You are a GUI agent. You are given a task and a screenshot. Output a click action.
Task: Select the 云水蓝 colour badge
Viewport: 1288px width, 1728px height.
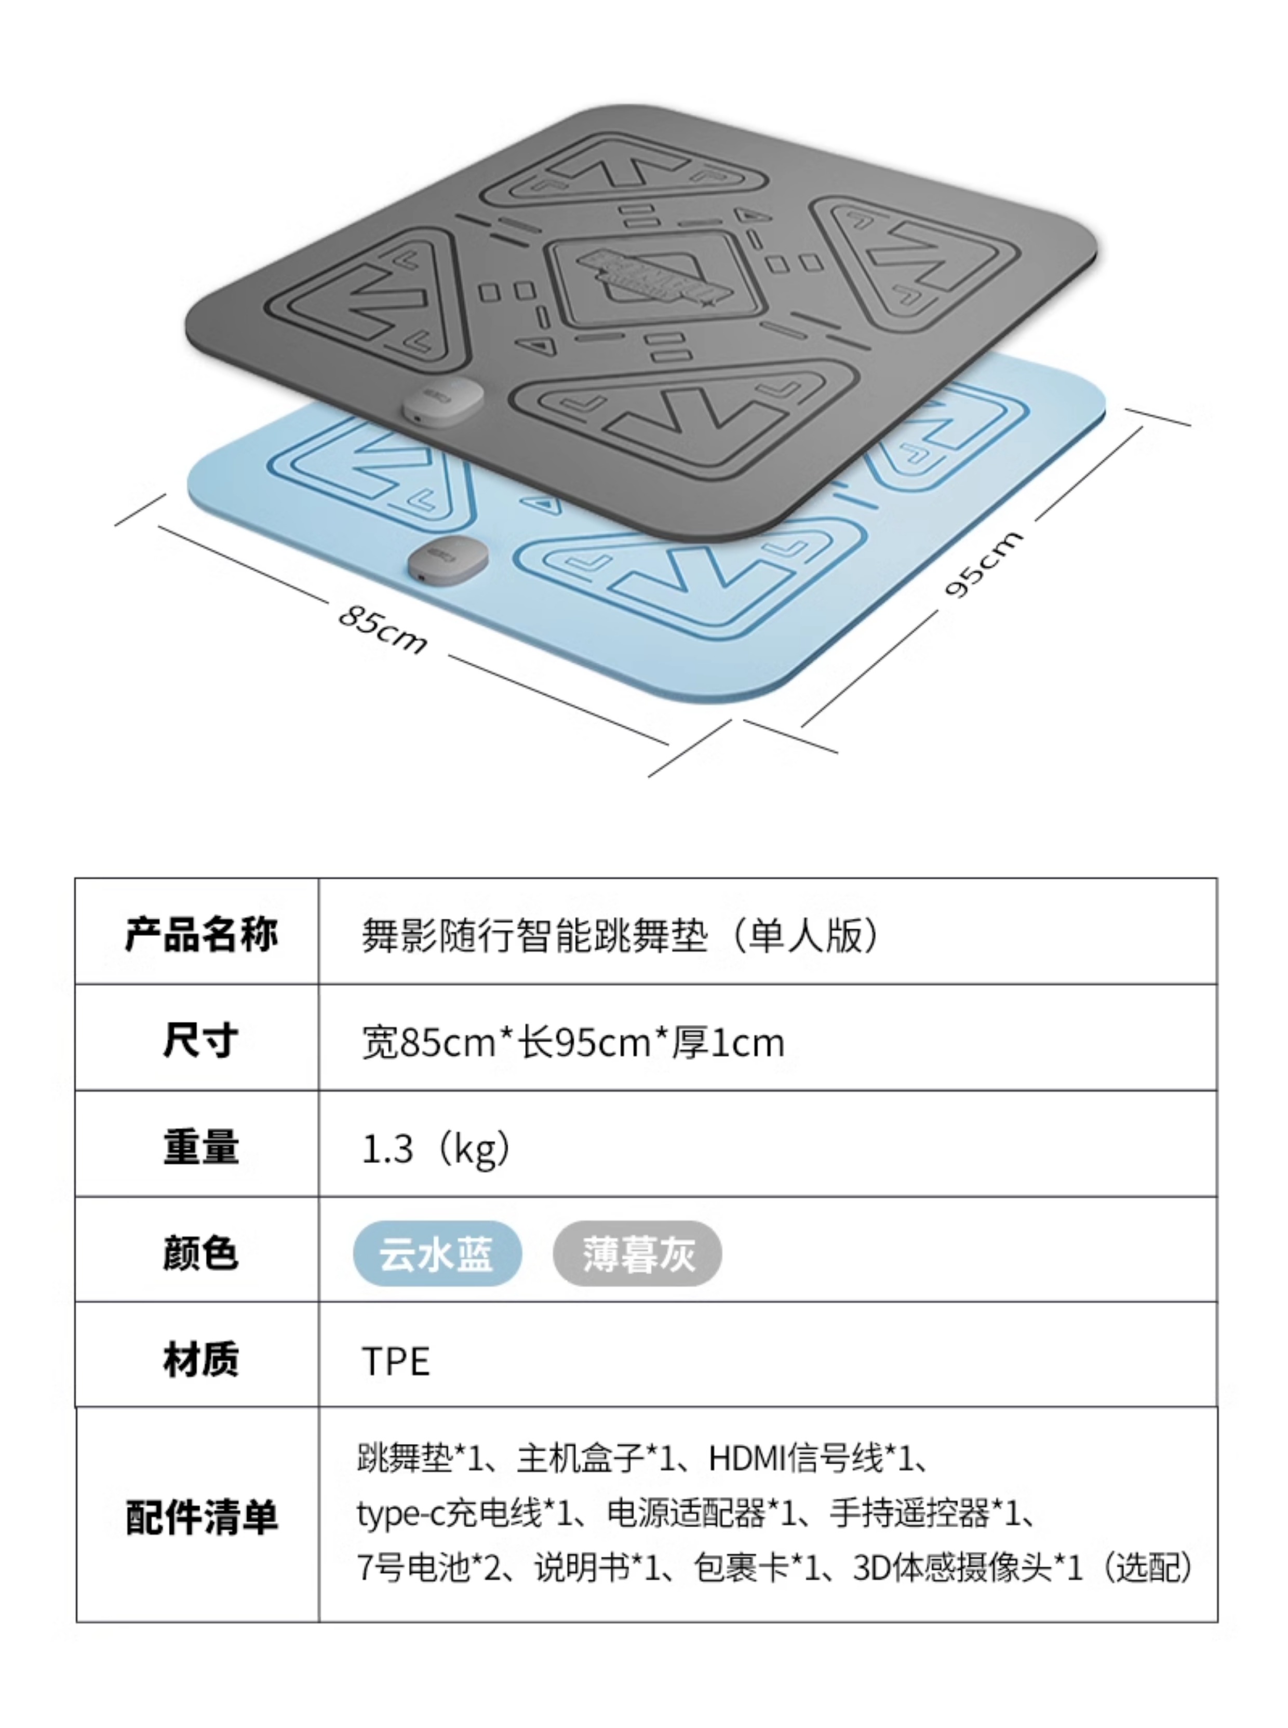click(437, 1253)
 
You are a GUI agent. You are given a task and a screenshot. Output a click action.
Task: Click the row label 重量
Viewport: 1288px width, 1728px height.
click(200, 1147)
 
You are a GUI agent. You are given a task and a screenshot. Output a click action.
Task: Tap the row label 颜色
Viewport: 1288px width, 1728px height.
click(200, 1253)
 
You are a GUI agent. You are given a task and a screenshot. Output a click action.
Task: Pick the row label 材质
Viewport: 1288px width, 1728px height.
click(200, 1359)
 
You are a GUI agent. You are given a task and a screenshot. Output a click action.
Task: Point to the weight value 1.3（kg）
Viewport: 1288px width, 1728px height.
click(437, 1148)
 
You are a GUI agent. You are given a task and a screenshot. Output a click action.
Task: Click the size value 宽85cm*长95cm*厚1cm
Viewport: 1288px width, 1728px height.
click(573, 1042)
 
